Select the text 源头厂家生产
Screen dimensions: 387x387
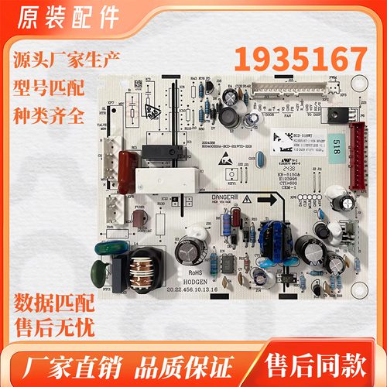[x=64, y=58]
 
